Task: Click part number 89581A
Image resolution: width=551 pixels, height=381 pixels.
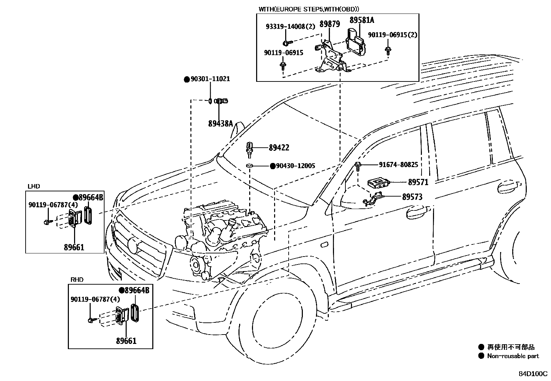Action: coord(362,20)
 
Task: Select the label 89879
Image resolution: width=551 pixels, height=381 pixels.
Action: coord(329,24)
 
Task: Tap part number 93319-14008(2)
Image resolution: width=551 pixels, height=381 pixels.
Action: coord(290,27)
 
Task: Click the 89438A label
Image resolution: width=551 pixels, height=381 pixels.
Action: coord(220,123)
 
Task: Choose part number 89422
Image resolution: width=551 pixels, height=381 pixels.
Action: coord(279,148)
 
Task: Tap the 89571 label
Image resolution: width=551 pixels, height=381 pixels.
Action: coord(418,182)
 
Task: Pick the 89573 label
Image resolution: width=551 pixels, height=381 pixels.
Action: coord(412,197)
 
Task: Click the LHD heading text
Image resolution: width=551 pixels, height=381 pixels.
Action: coord(34,187)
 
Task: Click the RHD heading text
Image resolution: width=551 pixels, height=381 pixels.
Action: coord(77,280)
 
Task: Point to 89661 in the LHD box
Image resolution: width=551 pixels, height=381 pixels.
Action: coord(74,247)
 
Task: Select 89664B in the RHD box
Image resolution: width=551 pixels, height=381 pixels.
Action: coord(137,291)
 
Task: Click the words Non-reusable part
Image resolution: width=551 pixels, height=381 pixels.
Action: coord(513,356)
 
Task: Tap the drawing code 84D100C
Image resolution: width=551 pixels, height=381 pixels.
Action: coord(533,374)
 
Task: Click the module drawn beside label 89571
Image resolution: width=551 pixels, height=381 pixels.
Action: coord(379,182)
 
